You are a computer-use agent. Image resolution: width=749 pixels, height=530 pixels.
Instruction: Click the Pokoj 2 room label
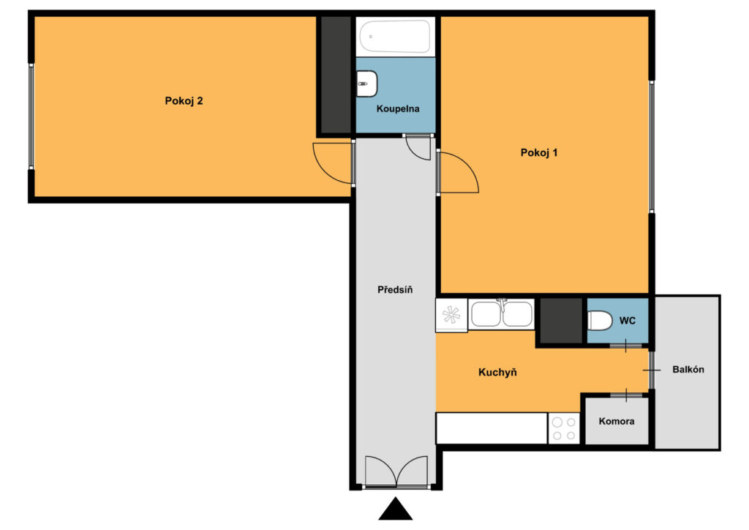click(x=184, y=101)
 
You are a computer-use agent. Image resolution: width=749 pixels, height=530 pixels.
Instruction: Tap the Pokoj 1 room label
click(x=539, y=152)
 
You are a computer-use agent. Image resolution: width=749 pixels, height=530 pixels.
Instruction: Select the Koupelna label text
click(x=398, y=108)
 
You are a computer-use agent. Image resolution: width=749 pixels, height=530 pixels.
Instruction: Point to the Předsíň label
click(x=395, y=290)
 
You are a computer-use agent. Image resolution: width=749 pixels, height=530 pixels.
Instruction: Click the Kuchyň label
click(x=497, y=373)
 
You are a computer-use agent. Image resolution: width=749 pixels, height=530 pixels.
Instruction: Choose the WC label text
click(x=627, y=321)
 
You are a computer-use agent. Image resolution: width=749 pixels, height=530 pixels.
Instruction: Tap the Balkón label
click(x=688, y=370)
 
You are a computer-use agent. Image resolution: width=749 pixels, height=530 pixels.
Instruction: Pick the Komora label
click(x=617, y=421)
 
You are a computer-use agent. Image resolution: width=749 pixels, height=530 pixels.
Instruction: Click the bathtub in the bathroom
click(x=395, y=37)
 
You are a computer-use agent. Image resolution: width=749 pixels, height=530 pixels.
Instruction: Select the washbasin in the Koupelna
click(x=367, y=83)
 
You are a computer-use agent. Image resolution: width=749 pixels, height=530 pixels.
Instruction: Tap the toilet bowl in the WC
click(x=600, y=321)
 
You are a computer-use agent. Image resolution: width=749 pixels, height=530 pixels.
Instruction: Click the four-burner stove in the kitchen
click(x=564, y=429)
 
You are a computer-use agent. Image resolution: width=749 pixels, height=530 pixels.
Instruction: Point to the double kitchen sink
click(x=502, y=315)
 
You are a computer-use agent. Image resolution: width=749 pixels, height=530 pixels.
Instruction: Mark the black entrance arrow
click(x=396, y=509)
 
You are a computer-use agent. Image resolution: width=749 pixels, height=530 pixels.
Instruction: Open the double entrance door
click(x=396, y=471)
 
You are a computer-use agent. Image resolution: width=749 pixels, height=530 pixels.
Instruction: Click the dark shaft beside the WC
click(x=561, y=321)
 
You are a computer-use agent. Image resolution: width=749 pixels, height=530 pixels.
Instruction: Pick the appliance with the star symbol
click(x=451, y=315)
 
